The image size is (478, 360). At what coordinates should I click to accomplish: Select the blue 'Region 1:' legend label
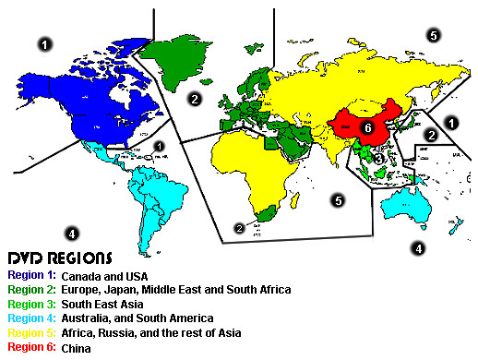(31, 274)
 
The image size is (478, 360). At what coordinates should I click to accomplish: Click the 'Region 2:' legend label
(31, 289)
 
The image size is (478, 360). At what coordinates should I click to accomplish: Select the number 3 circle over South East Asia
(379, 158)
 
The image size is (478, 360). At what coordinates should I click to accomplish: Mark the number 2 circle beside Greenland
(195, 97)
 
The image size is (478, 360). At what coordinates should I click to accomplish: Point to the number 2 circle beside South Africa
(240, 227)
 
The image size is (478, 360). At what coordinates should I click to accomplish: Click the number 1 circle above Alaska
(45, 42)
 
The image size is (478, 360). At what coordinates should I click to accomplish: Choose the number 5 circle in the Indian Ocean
(339, 199)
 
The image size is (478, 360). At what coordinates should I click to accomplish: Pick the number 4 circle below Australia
(418, 247)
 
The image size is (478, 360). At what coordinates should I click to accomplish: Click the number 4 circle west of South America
(72, 233)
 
